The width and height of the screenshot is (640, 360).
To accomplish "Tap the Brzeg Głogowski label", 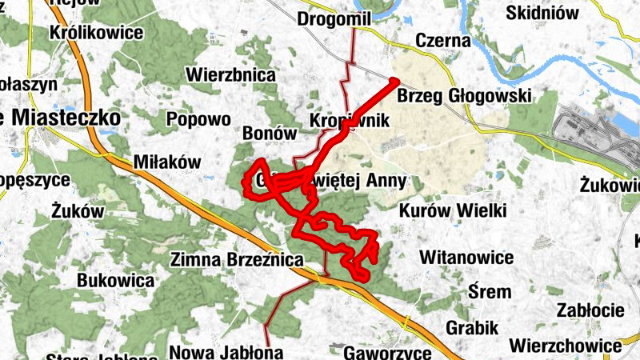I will [464, 96].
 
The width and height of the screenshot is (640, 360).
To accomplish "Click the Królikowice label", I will [95, 33].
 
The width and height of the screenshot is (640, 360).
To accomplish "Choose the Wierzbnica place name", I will [230, 75].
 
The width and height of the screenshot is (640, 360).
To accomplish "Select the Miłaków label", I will [167, 162].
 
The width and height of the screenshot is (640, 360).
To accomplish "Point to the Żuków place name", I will [78, 211].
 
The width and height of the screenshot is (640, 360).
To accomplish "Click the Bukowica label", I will [115, 281].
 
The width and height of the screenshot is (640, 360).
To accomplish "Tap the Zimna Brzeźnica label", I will [238, 260].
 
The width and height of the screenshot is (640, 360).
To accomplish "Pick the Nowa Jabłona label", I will [226, 351].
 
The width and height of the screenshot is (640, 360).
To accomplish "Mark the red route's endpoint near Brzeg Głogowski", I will [394, 81].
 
